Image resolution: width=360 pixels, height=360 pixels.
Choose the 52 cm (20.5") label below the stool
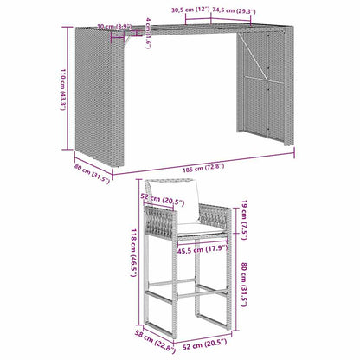[199, 347]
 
